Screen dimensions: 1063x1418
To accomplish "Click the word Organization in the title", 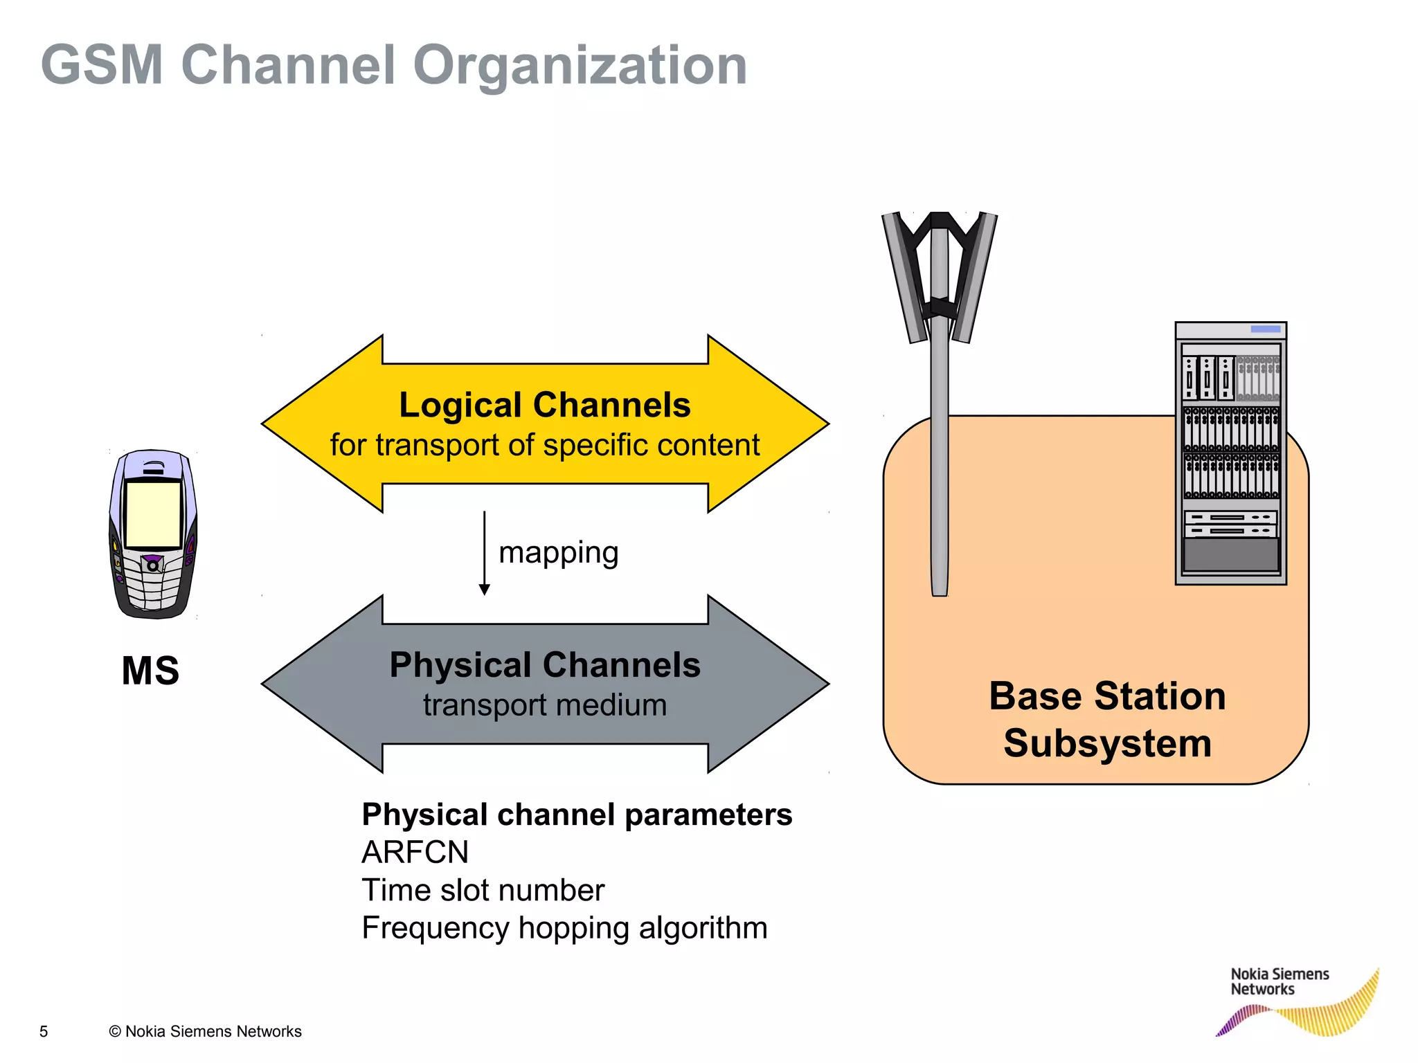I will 580,66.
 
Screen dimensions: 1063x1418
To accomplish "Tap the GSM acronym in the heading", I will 102,66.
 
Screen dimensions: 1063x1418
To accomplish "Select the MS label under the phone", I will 150,671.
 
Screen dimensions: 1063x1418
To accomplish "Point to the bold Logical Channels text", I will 545,405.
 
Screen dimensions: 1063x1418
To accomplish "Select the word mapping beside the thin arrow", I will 558,553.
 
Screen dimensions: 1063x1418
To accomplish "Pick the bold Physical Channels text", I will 545,665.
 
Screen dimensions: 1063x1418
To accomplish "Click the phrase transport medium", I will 545,705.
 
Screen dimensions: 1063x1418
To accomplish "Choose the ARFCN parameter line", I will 415,853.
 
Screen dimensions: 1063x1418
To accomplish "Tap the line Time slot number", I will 483,891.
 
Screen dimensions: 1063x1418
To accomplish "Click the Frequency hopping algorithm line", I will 564,928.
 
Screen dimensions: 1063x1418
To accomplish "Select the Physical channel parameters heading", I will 577,815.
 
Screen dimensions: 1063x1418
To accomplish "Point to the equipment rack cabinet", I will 1230,453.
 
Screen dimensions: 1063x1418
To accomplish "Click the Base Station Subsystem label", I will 1107,720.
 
